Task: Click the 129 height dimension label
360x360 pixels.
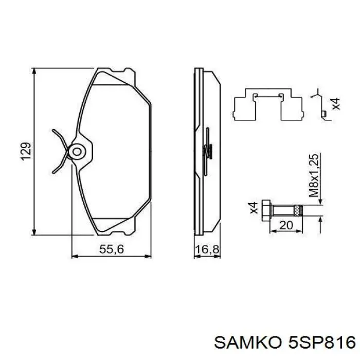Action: [x=26, y=152]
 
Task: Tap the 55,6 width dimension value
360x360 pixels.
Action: [x=112, y=249]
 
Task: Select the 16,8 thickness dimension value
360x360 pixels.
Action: [x=207, y=249]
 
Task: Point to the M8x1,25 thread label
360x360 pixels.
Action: [x=314, y=175]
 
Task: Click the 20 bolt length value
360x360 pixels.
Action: [x=286, y=225]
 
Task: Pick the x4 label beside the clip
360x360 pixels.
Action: [x=336, y=104]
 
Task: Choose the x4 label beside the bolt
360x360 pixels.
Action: [x=254, y=208]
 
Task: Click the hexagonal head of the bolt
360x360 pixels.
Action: [x=266, y=210]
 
